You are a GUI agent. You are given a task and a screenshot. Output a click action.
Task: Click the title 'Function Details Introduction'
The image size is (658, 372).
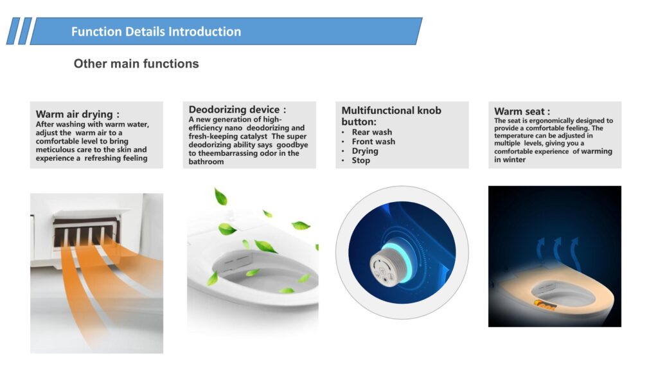pyautogui.click(x=156, y=32)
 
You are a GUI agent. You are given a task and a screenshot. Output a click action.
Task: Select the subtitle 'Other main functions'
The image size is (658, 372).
pyautogui.click(x=136, y=64)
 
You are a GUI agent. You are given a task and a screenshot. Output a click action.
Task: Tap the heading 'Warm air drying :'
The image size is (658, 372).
pyautogui.click(x=78, y=115)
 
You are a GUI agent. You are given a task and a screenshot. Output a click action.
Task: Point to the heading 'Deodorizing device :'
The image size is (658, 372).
pyautogui.click(x=238, y=109)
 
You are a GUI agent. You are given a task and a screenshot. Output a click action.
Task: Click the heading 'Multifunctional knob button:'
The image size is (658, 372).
pyautogui.click(x=391, y=116)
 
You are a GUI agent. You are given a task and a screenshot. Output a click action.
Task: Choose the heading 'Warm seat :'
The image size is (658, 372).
pyautogui.click(x=522, y=111)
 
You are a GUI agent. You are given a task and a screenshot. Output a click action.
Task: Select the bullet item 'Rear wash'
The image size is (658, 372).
pyautogui.click(x=372, y=132)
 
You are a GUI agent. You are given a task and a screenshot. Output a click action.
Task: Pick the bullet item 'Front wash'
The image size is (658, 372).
pyautogui.click(x=373, y=142)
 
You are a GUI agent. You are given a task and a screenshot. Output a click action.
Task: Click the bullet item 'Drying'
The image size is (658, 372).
pyautogui.click(x=365, y=151)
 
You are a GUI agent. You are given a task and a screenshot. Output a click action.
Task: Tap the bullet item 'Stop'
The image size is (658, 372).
pyautogui.click(x=361, y=160)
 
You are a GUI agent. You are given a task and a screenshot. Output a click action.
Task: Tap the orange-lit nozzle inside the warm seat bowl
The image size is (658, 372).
pyautogui.click(x=544, y=304)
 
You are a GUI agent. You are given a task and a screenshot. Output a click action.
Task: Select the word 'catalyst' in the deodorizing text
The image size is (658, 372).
pyautogui.click(x=254, y=136)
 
